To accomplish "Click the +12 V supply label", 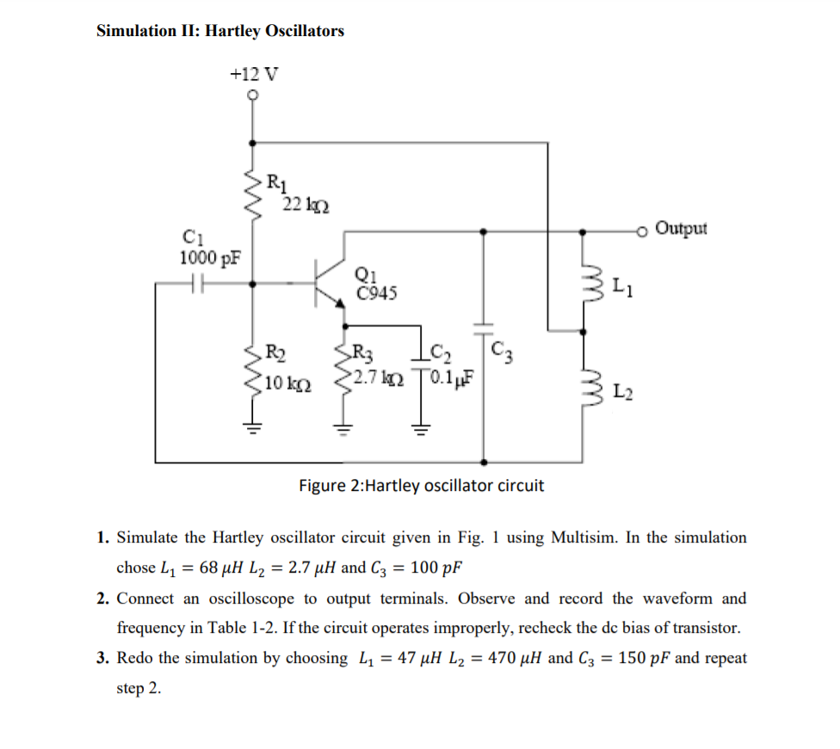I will pyautogui.click(x=253, y=74).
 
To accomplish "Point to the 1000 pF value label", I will pyautogui.click(x=210, y=257).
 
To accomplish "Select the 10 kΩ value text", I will pyautogui.click(x=287, y=383).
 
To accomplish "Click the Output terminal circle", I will pyautogui.click(x=640, y=230).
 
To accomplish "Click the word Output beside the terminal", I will pyautogui.click(x=681, y=229).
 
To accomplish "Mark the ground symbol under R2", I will pyautogui.click(x=252, y=427).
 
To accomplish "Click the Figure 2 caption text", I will pyautogui.click(x=421, y=486).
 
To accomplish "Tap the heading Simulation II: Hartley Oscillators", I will pyautogui.click(x=220, y=31).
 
